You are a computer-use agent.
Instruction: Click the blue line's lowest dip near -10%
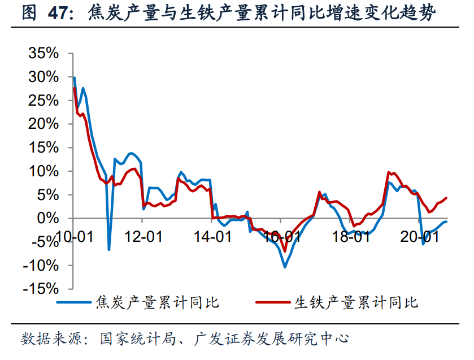point(285,267)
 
